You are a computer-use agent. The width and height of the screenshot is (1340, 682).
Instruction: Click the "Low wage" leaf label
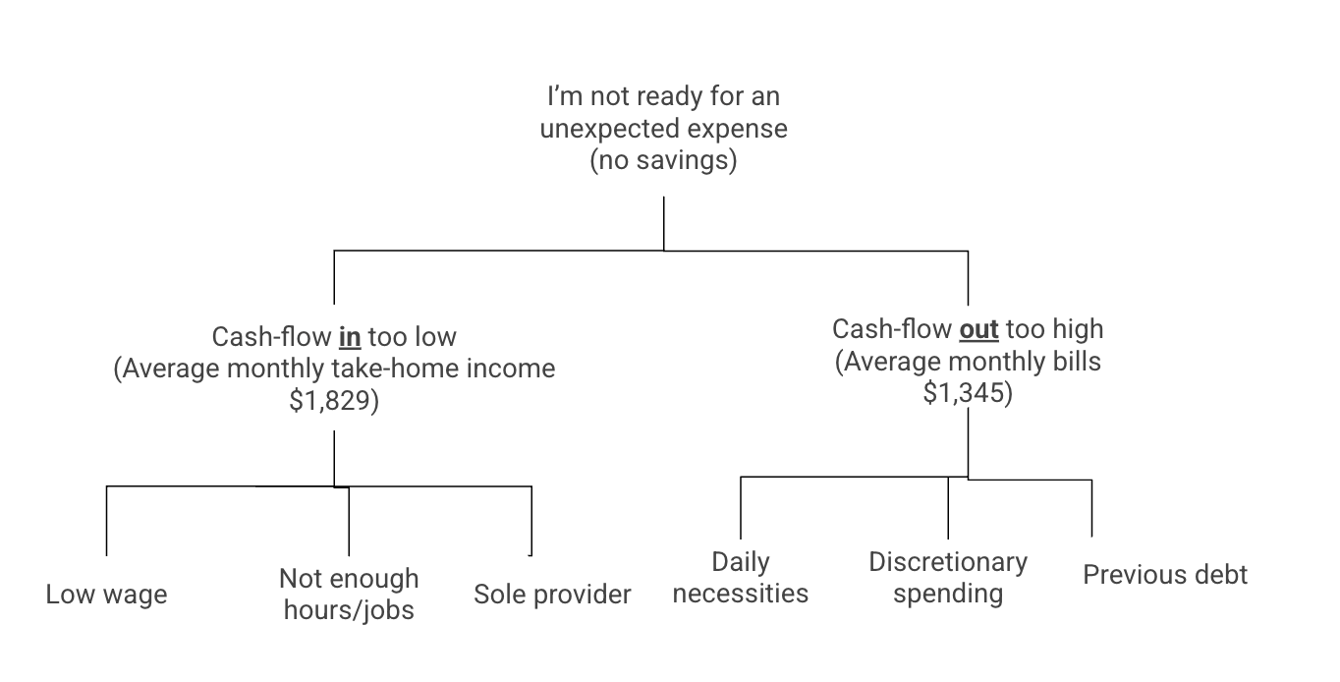coord(106,595)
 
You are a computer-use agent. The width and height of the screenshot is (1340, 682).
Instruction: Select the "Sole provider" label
coord(552,595)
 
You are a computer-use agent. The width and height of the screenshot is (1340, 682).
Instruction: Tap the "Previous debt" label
coord(1165,575)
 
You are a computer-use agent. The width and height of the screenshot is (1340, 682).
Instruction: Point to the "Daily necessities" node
coord(741,578)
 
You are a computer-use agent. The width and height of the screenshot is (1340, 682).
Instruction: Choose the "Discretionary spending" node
coord(948,578)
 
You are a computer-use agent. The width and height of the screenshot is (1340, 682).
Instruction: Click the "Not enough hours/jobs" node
coord(349,594)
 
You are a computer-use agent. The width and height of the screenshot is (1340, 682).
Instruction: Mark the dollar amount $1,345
coord(968,393)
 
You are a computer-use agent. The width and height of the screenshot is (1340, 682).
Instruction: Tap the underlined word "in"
coord(350,337)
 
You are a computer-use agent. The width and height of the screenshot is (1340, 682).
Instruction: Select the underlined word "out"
coord(978,328)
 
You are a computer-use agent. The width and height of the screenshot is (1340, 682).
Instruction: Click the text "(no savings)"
coord(663,160)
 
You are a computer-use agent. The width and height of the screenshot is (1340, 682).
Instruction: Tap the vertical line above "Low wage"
coord(106,521)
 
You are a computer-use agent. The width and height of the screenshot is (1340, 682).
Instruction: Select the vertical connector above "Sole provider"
coord(531,521)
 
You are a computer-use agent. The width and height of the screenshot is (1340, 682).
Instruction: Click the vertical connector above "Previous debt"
coord(1091,508)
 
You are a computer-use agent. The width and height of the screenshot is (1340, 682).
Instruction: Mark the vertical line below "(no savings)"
coord(664,223)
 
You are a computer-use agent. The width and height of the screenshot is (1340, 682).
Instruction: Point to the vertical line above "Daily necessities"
coord(741,507)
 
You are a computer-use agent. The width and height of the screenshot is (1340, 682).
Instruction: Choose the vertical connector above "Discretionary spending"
coord(948,507)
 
